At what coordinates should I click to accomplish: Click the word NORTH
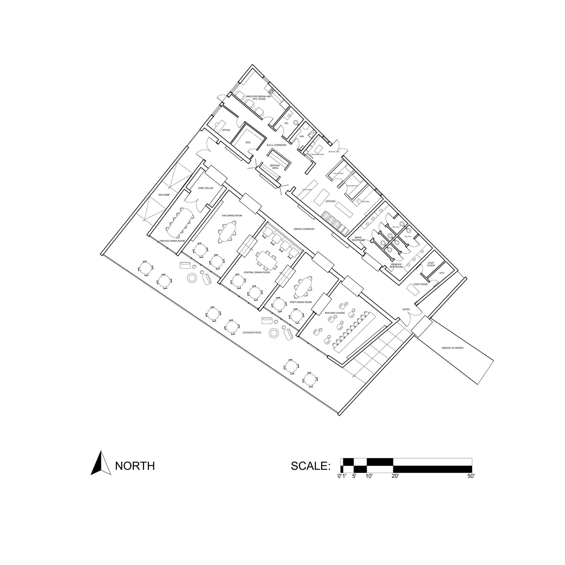135,466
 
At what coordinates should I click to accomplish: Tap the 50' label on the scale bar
471,476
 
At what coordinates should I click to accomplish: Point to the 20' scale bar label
395,476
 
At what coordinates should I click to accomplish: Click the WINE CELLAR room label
206,188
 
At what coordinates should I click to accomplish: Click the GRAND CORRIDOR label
304,229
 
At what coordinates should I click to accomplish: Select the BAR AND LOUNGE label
335,313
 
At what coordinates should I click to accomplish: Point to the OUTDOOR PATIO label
252,333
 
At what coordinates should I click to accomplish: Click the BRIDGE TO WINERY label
453,348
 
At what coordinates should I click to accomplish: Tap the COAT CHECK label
431,264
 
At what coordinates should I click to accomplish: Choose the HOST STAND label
420,284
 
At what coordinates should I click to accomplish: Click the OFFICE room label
226,130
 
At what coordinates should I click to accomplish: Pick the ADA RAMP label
164,195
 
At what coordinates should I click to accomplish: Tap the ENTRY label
406,309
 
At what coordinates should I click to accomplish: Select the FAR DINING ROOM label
232,216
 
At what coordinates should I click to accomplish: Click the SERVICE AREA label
275,167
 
